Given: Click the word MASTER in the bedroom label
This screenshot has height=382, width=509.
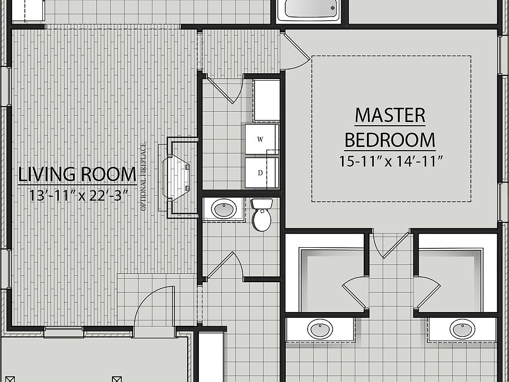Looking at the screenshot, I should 390,115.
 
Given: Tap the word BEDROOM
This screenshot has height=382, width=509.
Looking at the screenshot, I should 390,140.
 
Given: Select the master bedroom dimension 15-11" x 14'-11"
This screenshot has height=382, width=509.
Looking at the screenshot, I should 391,161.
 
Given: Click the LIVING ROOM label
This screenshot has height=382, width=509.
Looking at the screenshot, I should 77,173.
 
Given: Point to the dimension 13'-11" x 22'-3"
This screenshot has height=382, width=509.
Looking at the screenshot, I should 79,195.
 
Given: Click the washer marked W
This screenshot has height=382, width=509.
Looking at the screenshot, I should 260,140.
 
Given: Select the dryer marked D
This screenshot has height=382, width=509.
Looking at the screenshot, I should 260,172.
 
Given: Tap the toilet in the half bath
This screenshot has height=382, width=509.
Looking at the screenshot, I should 261,215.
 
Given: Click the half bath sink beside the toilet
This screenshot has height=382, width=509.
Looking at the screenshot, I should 224,209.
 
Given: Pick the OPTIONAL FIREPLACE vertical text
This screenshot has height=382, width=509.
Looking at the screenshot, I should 143,177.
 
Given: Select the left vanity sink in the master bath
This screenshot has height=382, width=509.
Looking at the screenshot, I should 320,329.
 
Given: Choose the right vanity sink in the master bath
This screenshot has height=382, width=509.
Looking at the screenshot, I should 462,329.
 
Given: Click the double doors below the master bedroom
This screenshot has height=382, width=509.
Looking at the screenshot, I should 391,244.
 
